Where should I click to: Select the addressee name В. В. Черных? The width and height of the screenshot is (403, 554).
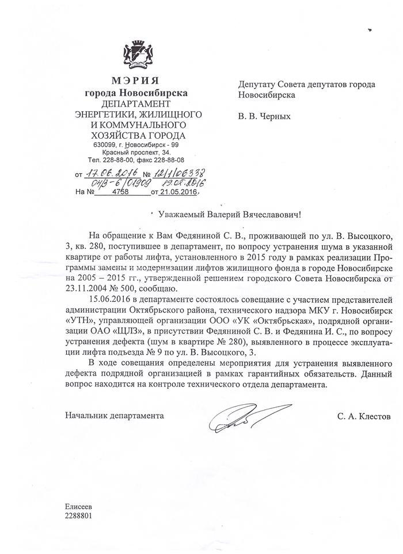tap(264, 116)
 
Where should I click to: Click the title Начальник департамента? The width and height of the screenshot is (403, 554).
tap(114, 415)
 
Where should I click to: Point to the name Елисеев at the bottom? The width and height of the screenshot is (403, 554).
tap(79, 507)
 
